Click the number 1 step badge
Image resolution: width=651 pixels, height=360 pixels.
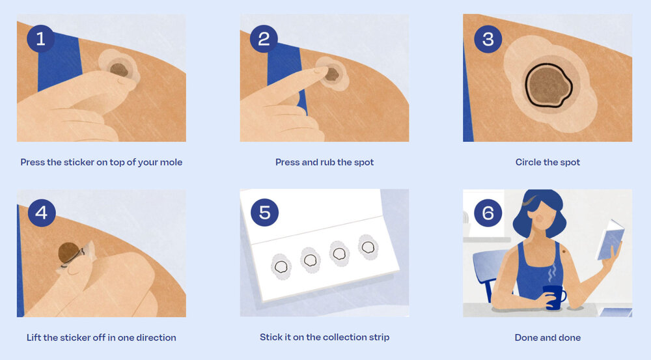tap(40, 38)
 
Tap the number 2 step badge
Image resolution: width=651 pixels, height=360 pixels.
tap(264, 38)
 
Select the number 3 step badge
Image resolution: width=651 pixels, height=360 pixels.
tap(488, 39)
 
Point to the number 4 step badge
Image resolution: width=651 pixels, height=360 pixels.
tap(42, 213)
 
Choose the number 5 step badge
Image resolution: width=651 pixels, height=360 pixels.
tap(264, 213)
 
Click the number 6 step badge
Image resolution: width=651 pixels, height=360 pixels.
tap(488, 213)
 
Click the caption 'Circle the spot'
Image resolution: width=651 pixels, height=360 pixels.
tap(547, 162)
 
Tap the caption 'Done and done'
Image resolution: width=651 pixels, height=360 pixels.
tap(547, 338)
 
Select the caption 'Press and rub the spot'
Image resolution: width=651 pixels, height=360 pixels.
tap(325, 162)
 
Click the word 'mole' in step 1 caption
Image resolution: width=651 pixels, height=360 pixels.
tap(171, 162)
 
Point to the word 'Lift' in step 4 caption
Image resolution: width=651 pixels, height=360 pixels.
tap(34, 338)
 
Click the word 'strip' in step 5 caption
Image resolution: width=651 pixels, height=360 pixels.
tap(378, 337)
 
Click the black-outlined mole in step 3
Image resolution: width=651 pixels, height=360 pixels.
tap(548, 86)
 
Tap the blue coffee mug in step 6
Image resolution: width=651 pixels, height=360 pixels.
tap(555, 297)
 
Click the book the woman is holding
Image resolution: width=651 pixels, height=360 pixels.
tap(609, 240)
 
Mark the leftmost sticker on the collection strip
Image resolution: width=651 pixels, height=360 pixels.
tap(281, 266)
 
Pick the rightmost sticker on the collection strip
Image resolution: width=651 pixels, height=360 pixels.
tap(368, 247)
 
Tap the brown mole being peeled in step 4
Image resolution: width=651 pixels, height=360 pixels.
tap(68, 253)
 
